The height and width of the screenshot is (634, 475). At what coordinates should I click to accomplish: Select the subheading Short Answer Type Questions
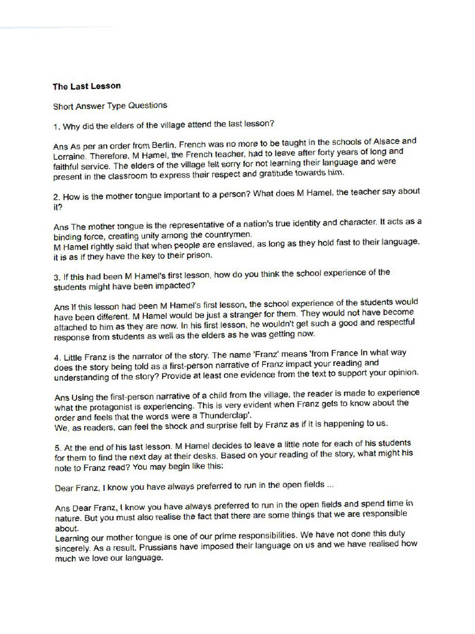[x=109, y=106]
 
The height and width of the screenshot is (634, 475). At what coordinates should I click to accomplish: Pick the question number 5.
[x=56, y=446]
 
